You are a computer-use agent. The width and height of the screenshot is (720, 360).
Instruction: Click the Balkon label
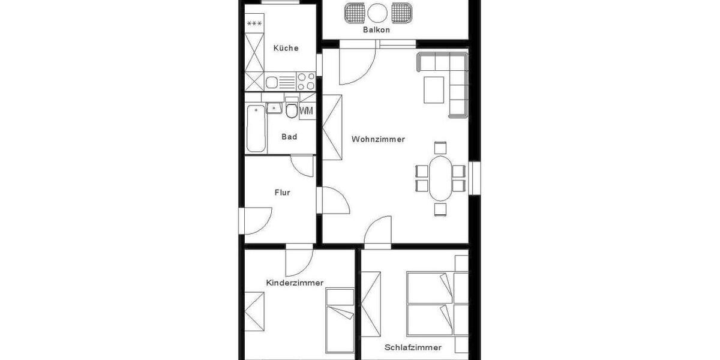(x=376, y=29)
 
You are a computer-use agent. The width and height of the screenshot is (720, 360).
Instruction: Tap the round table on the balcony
(x=377, y=11)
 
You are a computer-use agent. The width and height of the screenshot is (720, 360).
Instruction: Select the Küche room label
(x=286, y=48)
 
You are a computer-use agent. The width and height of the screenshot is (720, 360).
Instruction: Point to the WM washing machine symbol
(x=306, y=110)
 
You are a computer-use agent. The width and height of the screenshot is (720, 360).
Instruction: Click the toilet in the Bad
(x=292, y=110)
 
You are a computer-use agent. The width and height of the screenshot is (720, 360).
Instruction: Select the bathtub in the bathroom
(x=255, y=128)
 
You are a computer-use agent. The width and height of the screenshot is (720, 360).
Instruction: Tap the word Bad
(x=289, y=137)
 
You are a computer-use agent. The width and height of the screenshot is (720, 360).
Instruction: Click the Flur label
(x=282, y=193)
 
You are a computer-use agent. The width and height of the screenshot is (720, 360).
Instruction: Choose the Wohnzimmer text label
(x=378, y=139)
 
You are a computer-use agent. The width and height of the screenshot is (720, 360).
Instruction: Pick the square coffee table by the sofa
(x=434, y=89)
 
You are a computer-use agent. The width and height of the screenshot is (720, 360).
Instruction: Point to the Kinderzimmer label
(x=295, y=283)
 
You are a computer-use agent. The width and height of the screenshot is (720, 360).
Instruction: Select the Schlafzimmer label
(x=413, y=347)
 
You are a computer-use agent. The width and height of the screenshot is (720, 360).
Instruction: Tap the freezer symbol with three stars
(x=254, y=24)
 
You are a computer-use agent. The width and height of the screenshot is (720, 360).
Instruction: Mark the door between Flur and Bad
(x=302, y=165)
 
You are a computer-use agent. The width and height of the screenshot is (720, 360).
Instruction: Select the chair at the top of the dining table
(x=440, y=148)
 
